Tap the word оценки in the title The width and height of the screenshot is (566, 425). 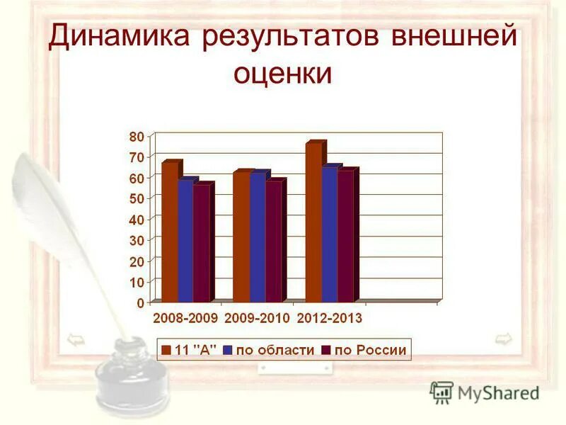click(x=283, y=73)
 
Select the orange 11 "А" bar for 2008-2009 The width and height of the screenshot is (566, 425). click(x=170, y=234)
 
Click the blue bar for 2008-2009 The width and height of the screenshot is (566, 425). click(x=185, y=241)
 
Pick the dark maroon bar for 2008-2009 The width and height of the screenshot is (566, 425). click(x=201, y=244)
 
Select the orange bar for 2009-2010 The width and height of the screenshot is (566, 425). click(x=241, y=237)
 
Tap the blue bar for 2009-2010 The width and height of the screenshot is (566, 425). click(x=258, y=237)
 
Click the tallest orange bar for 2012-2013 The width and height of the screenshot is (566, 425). click(x=313, y=223)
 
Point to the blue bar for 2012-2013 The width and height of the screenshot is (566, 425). click(x=330, y=234)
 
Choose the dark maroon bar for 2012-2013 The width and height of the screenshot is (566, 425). click(x=345, y=237)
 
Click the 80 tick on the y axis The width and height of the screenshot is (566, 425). click(x=137, y=135)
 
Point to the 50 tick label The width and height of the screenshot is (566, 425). click(x=137, y=198)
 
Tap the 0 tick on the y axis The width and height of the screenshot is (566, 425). click(x=140, y=302)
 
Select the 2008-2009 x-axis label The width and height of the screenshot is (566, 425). click(x=186, y=319)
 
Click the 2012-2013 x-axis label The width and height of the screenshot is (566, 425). click(x=330, y=319)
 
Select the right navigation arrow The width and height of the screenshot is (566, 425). click(x=503, y=339)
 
